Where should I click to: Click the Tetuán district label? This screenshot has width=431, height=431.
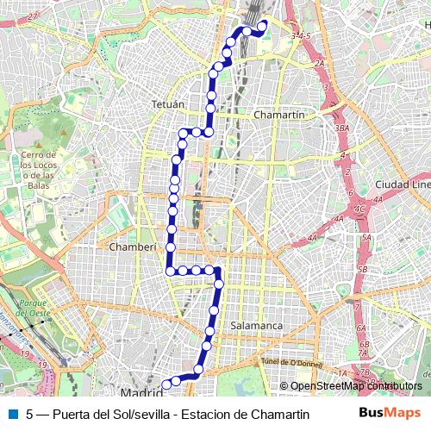pyautogui.click(x=168, y=104)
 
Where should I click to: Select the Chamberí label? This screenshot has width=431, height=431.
pyautogui.click(x=133, y=247)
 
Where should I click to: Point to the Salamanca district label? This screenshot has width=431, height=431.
pyautogui.click(x=257, y=326)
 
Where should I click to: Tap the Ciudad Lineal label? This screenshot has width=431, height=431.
pyautogui.click(x=403, y=185)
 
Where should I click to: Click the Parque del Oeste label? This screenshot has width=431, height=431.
pyautogui.click(x=34, y=309)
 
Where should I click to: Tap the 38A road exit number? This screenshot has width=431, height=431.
pyautogui.click(x=342, y=128)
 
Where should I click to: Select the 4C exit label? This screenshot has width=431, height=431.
pyautogui.click(x=359, y=209)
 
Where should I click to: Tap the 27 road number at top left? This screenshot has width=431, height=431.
pyautogui.click(x=33, y=16)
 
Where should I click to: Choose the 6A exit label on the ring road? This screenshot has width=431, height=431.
pyautogui.click(x=363, y=328)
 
